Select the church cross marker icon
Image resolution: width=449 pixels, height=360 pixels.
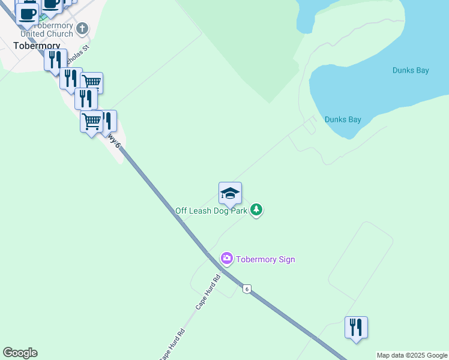click(82, 28)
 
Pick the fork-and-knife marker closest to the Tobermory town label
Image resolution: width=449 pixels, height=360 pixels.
click(55, 60)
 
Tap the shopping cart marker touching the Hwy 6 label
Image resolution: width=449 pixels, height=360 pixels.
click(91, 122)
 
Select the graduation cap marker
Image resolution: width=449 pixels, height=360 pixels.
click(230, 193)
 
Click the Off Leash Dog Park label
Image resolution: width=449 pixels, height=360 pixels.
click(212, 211)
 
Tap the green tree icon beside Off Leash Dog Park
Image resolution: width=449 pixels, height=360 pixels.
click(257, 209)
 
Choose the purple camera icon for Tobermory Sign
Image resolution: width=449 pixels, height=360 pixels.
click(227, 259)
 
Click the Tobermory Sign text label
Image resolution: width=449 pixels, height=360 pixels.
click(265, 259)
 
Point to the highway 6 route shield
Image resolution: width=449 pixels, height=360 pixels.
click(247, 289)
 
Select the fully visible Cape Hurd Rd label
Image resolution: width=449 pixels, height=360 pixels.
click(208, 292)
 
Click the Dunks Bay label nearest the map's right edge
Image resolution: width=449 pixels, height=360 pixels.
click(411, 70)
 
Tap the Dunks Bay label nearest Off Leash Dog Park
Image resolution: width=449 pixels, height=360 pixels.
click(343, 119)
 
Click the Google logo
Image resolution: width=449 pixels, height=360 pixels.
click(20, 353)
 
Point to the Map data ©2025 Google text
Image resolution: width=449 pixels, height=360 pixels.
click(412, 355)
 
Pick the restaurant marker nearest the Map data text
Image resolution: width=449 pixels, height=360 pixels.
click(356, 328)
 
